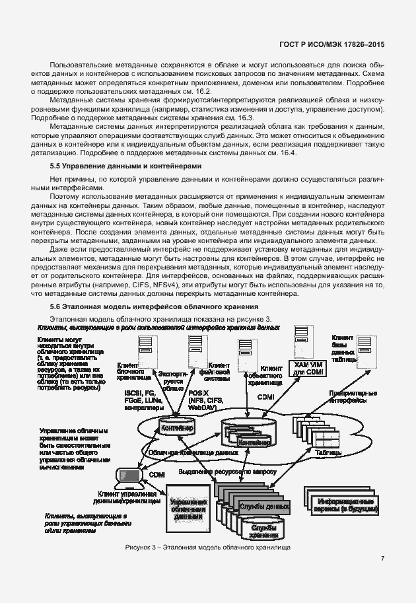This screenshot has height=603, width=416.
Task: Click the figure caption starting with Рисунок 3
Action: pos(207,548)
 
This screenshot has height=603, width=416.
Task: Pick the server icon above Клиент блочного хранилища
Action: pos(144,349)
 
